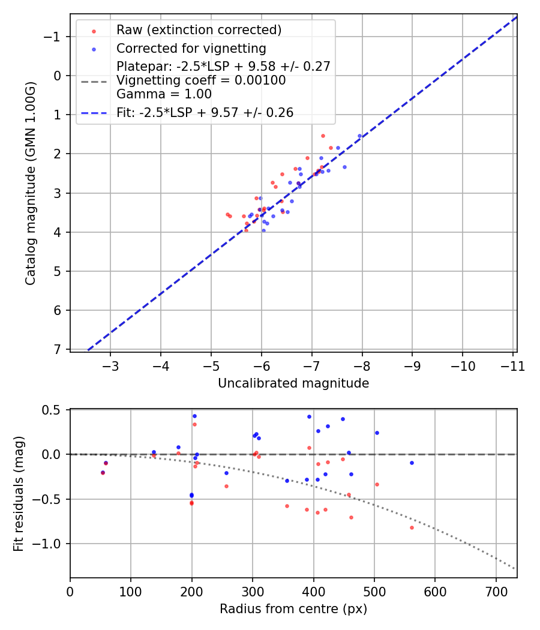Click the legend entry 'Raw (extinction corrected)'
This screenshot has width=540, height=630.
pos(199,30)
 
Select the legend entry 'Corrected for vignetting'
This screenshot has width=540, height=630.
pos(191,48)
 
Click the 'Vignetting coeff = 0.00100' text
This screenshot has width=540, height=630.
pos(201,80)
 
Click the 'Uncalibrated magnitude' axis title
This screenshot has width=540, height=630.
pos(293,383)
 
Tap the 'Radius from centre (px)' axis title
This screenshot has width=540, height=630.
pos(293,609)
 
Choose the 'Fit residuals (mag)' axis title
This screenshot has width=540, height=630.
pos(19,493)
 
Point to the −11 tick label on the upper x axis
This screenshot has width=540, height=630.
pos(512,366)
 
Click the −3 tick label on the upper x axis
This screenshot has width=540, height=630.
pos(110,366)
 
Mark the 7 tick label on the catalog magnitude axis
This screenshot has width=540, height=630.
pos(58,349)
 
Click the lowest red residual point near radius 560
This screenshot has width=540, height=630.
pos(412,527)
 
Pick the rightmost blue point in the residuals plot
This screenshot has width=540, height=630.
pos(412,463)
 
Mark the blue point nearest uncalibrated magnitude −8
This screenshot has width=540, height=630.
pos(359,136)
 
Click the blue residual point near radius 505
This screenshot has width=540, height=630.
pos(377,433)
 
